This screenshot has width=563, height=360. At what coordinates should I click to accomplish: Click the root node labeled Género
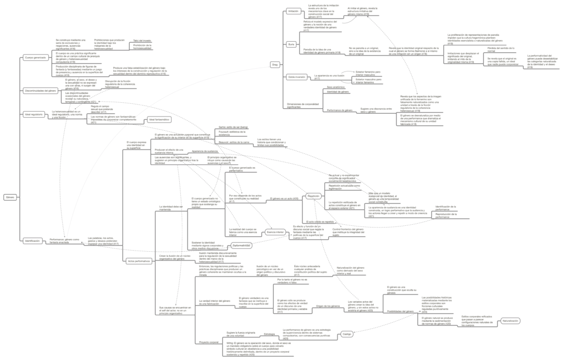click(x=10, y=197)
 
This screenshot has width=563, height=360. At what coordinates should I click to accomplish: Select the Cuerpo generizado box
click(x=35, y=58)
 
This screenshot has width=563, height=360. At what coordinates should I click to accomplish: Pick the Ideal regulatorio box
click(x=34, y=114)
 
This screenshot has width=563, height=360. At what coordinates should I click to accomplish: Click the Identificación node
click(x=32, y=240)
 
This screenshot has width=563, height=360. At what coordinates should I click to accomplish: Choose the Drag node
click(x=275, y=65)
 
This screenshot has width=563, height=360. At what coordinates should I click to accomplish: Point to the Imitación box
click(x=294, y=11)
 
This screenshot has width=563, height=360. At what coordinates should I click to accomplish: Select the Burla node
click(x=291, y=43)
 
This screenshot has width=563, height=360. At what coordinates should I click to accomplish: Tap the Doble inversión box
click(x=297, y=77)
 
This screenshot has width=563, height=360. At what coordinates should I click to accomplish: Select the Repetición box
click(x=314, y=196)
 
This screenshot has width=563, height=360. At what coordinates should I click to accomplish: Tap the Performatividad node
click(x=241, y=246)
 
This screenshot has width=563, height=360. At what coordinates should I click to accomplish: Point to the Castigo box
click(x=346, y=334)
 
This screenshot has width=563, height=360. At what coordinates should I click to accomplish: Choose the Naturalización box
click(x=510, y=320)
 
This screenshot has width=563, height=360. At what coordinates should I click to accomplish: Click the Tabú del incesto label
click(x=142, y=40)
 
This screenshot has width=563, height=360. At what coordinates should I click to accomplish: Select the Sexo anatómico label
click(x=336, y=87)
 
